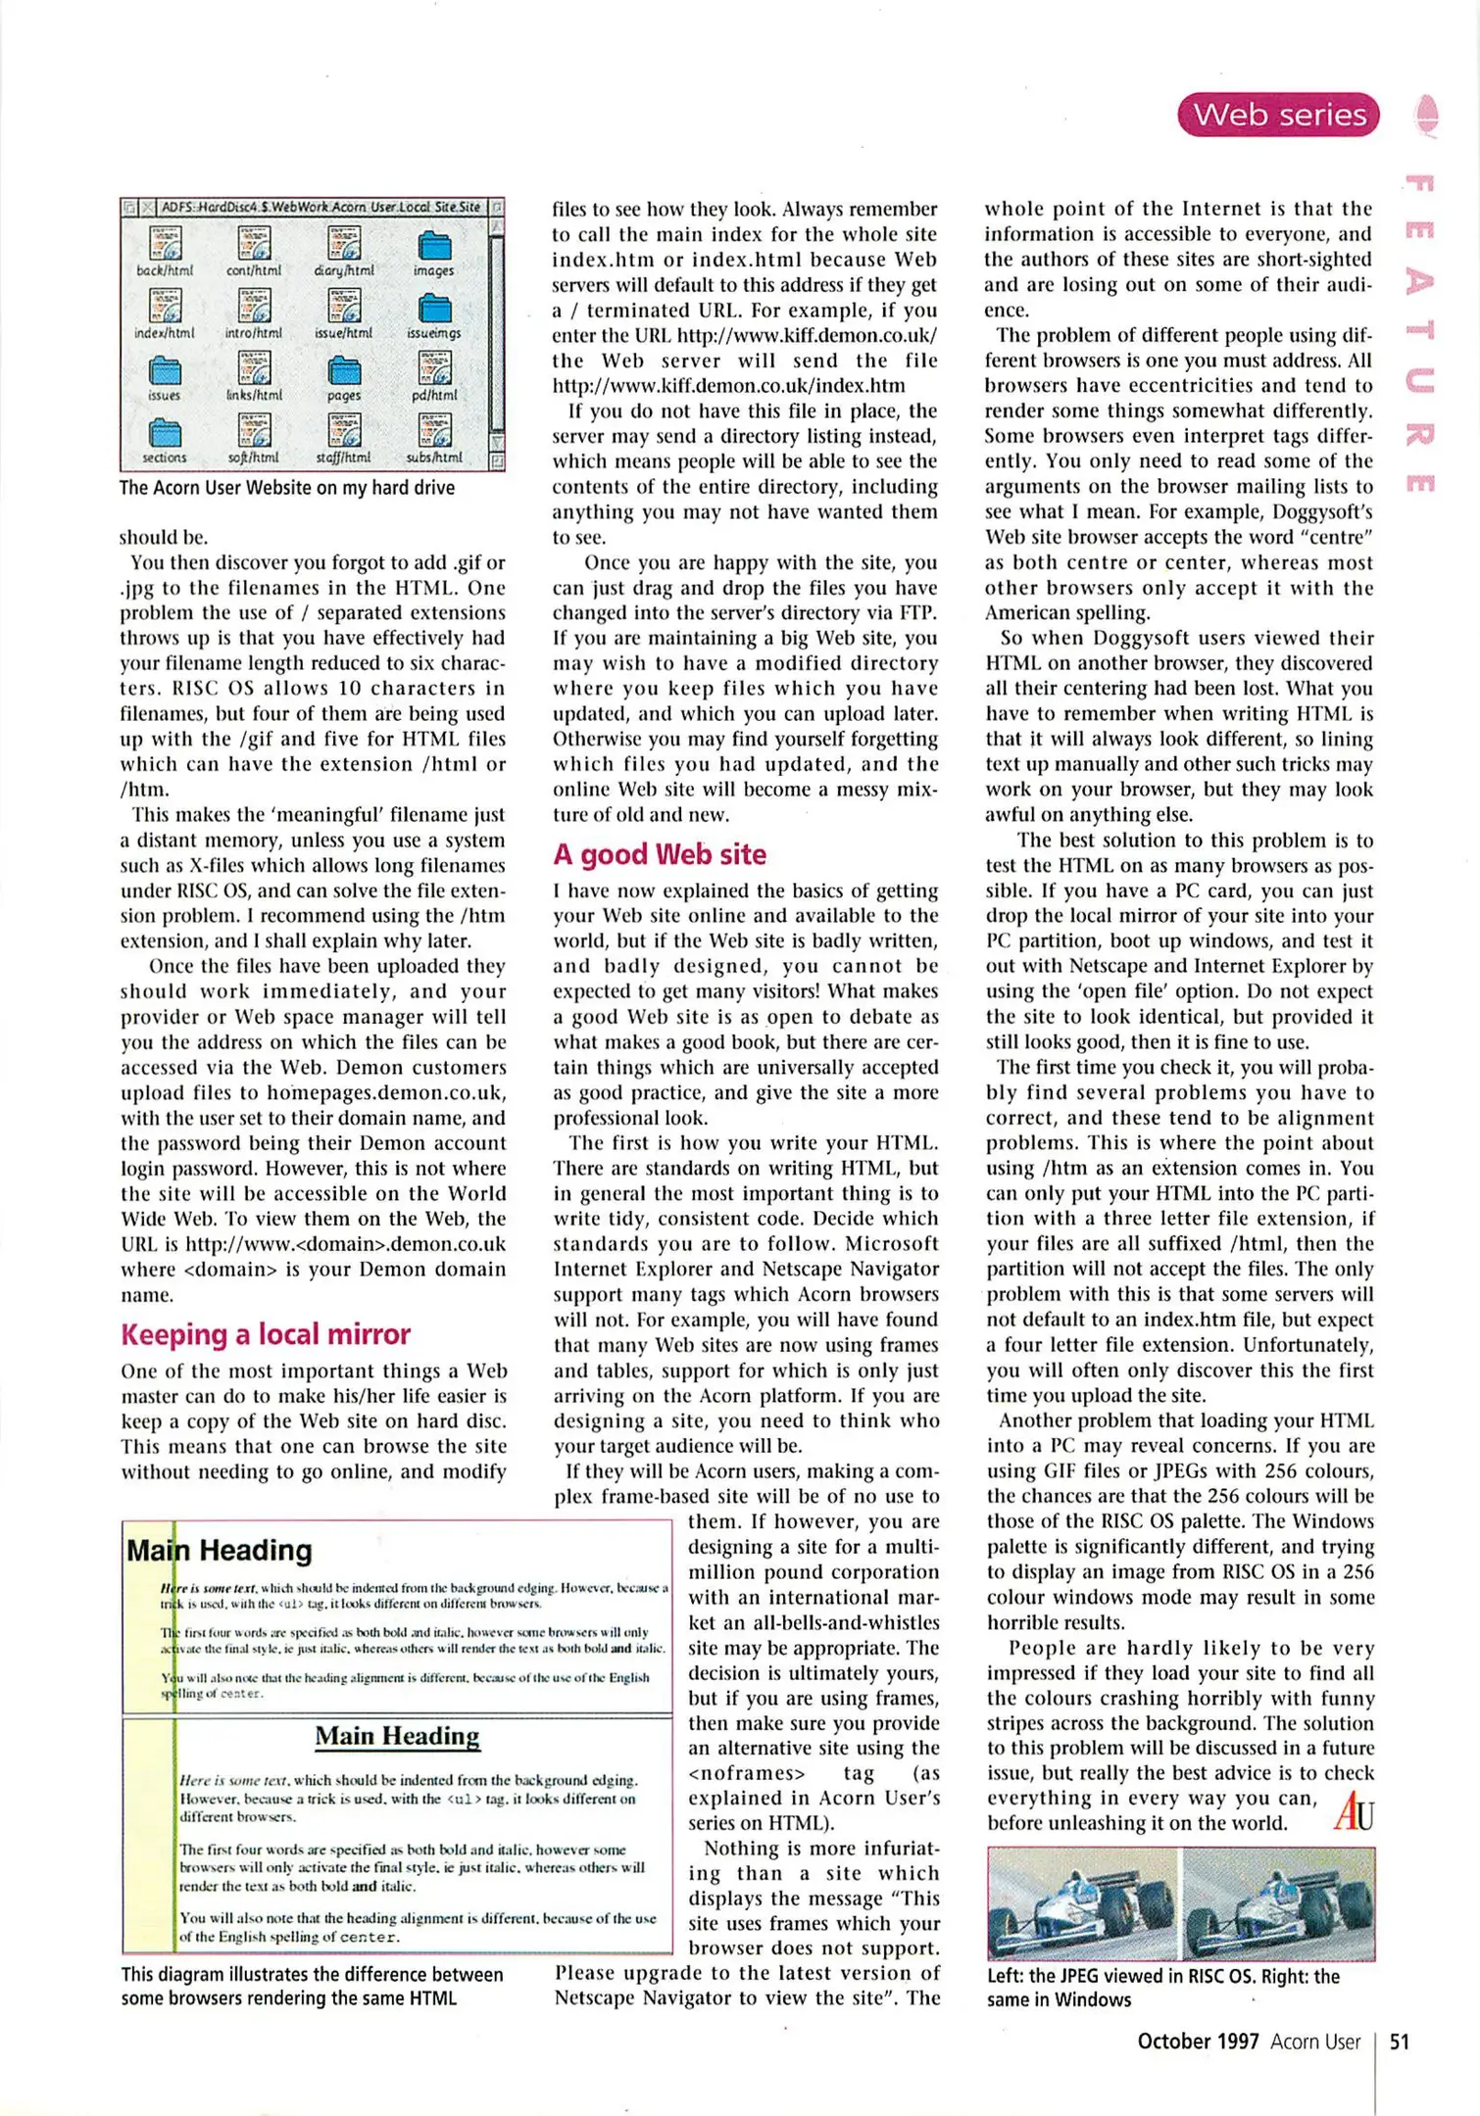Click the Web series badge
[x=1278, y=115]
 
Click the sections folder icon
[x=165, y=432]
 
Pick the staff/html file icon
[x=344, y=430]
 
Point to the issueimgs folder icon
[x=433, y=309]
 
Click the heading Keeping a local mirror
[x=265, y=1334]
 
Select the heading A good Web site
[x=659, y=854]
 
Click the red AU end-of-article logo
[x=1353, y=1811]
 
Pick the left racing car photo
[x=1083, y=1903]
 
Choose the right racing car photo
[x=1278, y=1903]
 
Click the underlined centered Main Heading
[x=397, y=1736]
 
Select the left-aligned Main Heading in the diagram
[x=219, y=1551]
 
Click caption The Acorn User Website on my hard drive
[x=286, y=488]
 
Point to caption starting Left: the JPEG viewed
[x=1162, y=1989]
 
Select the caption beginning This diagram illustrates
[x=312, y=1987]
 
